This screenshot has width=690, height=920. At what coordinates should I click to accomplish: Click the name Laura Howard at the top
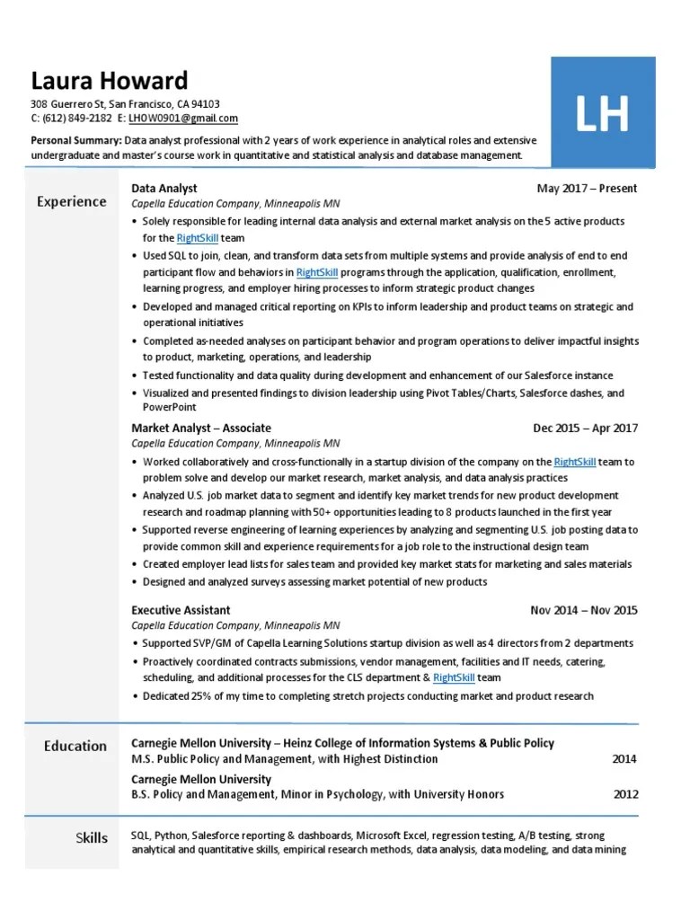[110, 81]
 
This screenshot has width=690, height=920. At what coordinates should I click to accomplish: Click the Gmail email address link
[183, 119]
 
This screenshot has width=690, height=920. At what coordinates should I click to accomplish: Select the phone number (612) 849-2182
[77, 119]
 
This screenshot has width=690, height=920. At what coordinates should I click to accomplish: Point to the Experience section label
[71, 201]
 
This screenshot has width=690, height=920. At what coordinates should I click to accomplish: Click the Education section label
[75, 746]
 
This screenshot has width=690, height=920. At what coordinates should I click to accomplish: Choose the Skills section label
[91, 837]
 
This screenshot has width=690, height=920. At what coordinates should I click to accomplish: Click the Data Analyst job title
[164, 189]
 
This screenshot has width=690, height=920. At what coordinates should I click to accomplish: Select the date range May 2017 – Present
[586, 189]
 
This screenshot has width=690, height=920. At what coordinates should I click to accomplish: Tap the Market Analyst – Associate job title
[201, 429]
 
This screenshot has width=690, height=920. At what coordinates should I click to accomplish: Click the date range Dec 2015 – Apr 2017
[585, 429]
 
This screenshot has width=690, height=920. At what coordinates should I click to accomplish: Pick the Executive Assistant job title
[181, 610]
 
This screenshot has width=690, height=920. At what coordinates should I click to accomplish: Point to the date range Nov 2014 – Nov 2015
[584, 610]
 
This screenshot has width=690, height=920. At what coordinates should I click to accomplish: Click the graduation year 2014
[624, 759]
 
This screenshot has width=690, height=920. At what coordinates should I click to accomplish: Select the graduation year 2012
[624, 794]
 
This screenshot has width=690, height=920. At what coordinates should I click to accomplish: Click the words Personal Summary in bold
[75, 141]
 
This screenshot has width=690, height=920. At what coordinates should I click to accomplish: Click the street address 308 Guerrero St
[67, 104]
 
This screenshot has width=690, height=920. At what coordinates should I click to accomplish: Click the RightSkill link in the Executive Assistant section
[453, 677]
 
